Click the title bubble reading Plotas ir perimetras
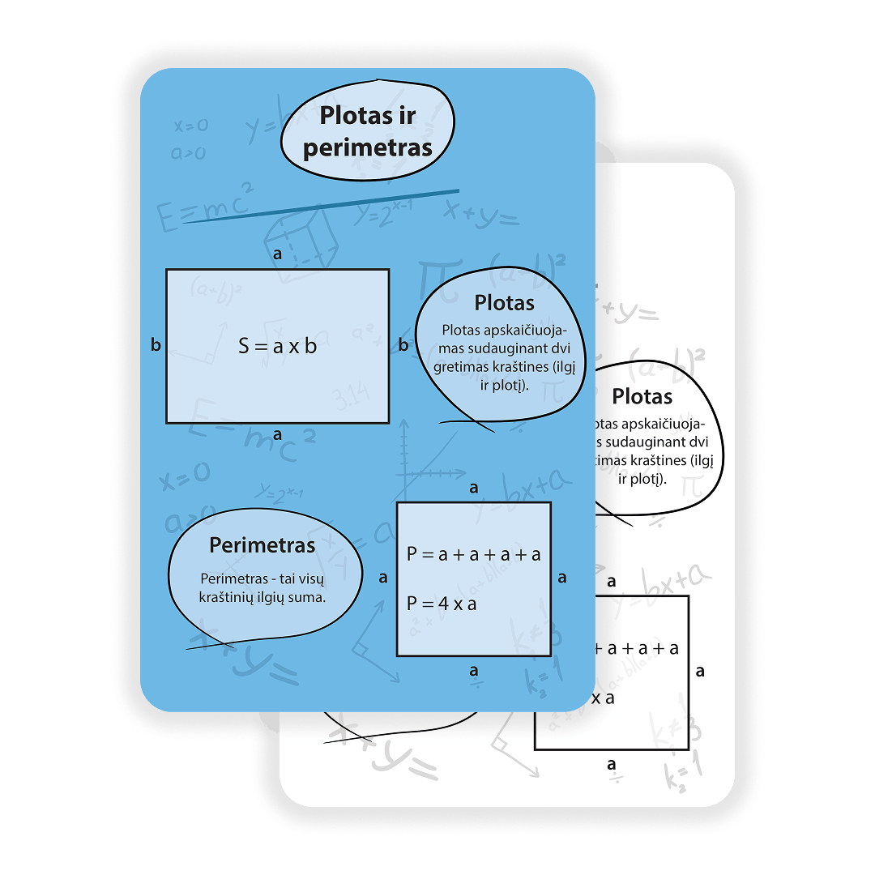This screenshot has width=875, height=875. click(367, 131)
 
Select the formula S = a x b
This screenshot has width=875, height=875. click(277, 346)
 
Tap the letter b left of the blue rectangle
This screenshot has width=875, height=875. click(156, 345)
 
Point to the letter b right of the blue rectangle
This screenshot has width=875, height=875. click(403, 345)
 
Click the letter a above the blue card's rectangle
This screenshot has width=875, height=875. click(277, 254)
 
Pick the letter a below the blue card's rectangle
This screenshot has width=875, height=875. click(277, 434)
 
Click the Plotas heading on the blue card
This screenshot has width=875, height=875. click(504, 303)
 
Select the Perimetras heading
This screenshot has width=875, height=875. click(262, 545)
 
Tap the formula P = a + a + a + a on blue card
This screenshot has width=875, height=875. click(474, 554)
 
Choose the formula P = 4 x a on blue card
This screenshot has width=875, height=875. click(442, 604)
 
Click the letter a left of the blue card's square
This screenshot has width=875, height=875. click(383, 578)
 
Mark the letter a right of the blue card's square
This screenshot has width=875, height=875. click(562, 578)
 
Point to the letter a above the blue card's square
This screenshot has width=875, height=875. click(474, 488)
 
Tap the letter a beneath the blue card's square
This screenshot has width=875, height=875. click(474, 671)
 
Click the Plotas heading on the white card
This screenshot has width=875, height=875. click(642, 397)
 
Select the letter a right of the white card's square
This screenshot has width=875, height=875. click(700, 671)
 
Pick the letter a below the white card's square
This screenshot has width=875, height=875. click(612, 764)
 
